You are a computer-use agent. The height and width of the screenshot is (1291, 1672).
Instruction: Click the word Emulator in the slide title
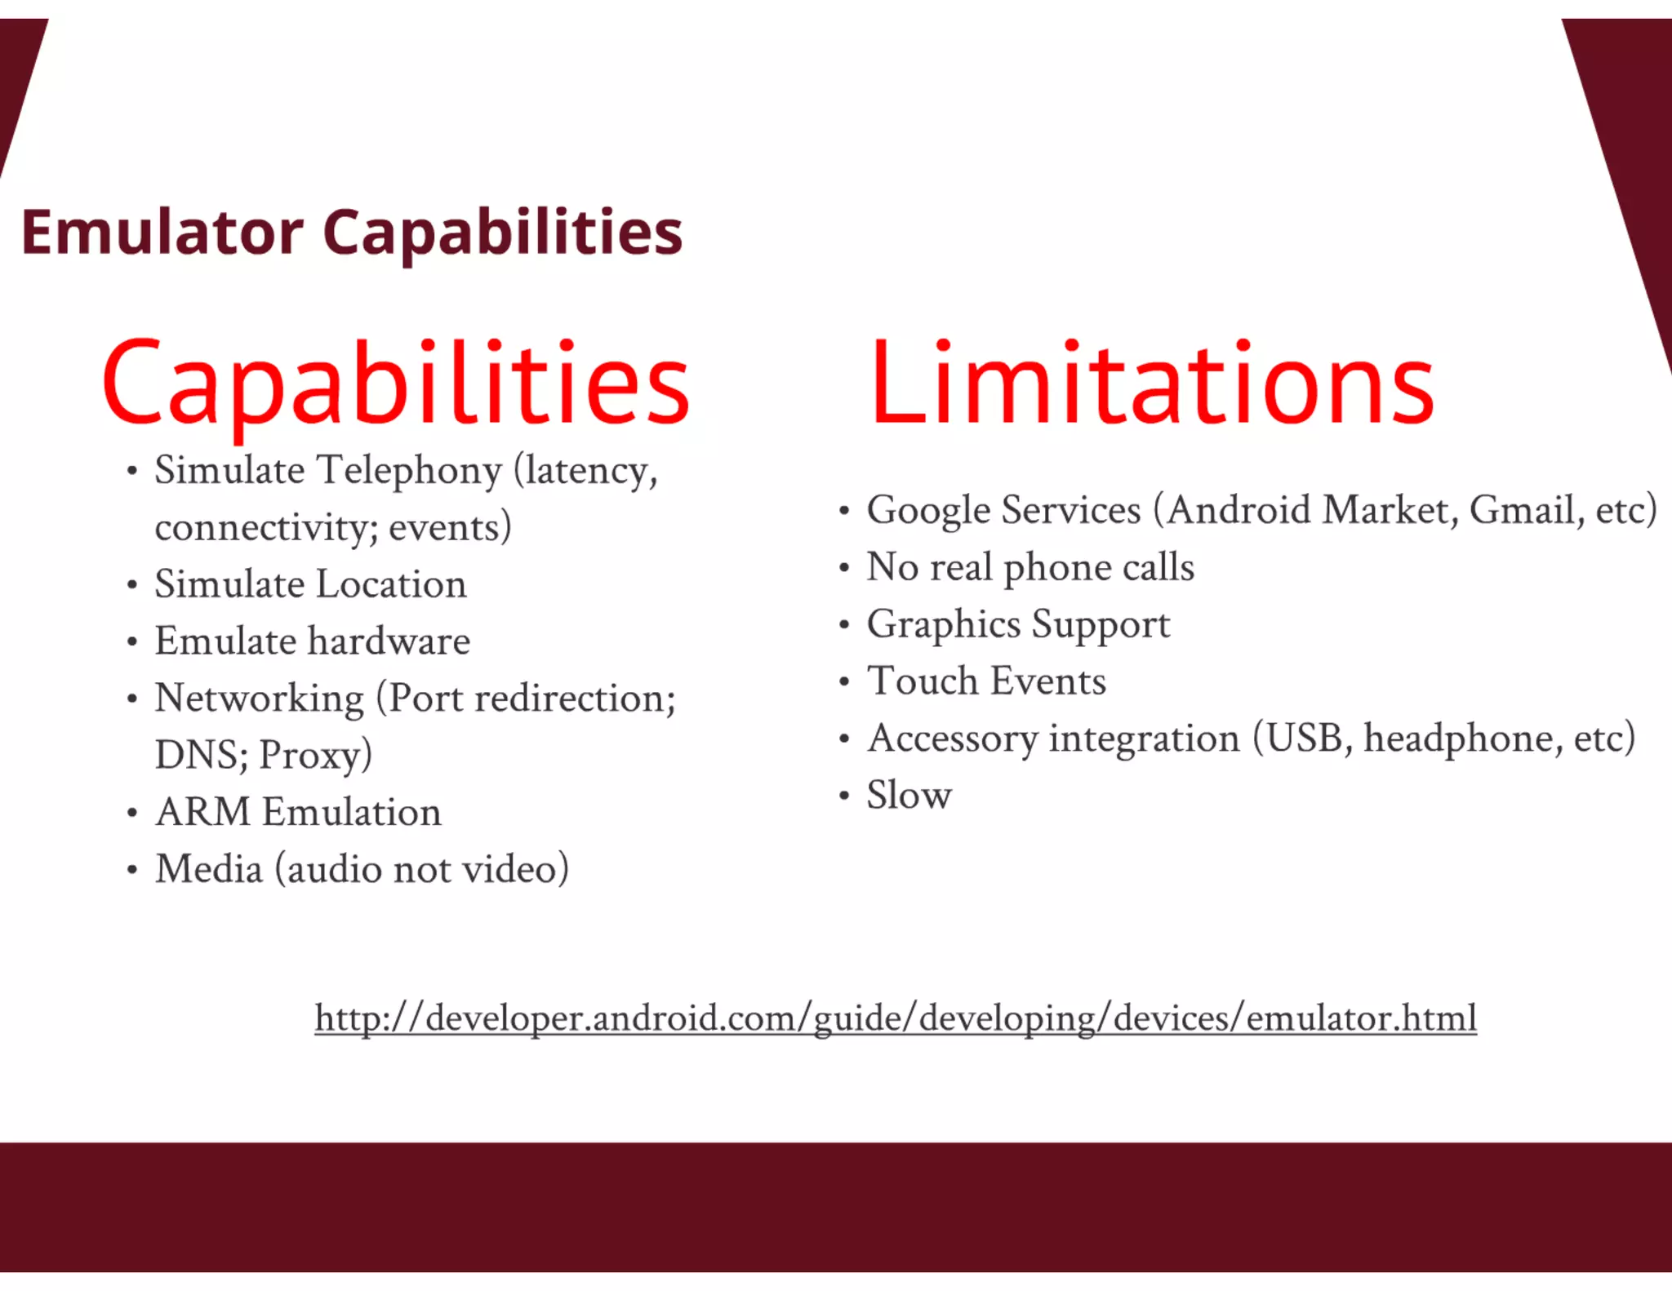pyautogui.click(x=162, y=233)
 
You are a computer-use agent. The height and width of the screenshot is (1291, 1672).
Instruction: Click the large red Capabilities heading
pyautogui.click(x=396, y=384)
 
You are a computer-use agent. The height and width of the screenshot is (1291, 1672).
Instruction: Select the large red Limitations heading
pyautogui.click(x=1151, y=384)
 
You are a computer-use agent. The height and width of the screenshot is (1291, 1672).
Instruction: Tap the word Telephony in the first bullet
pyautogui.click(x=408, y=472)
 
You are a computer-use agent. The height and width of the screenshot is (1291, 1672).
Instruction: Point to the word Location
pyautogui.click(x=391, y=584)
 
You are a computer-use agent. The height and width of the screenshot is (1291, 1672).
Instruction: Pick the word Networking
pyautogui.click(x=260, y=699)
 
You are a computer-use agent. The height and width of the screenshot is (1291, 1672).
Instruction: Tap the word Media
pyautogui.click(x=209, y=869)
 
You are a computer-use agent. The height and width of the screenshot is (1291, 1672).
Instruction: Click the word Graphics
pyautogui.click(x=943, y=625)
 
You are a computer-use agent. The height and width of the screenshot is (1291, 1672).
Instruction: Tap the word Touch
pyautogui.click(x=922, y=681)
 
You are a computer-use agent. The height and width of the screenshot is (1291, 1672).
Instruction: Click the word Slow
pyautogui.click(x=909, y=796)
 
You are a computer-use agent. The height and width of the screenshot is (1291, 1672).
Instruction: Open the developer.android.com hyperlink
pyautogui.click(x=896, y=1018)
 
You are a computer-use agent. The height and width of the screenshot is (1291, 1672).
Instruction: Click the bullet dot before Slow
pyautogui.click(x=844, y=796)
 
